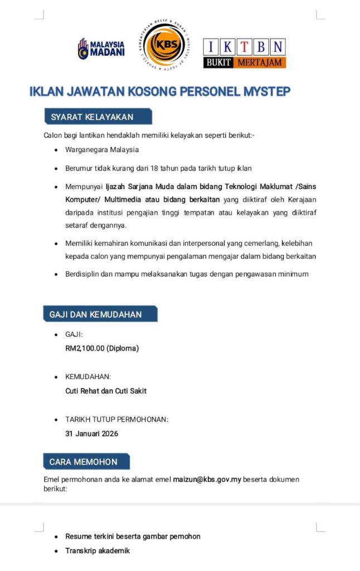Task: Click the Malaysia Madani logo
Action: pyautogui.click(x=101, y=49)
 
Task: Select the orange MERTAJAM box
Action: pyautogui.click(x=260, y=62)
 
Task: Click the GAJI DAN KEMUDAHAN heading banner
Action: pyautogui.click(x=100, y=314)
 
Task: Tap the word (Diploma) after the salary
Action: pyautogui.click(x=123, y=349)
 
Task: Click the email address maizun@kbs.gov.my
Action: pyautogui.click(x=207, y=479)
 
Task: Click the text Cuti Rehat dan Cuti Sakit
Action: pyautogui.click(x=106, y=391)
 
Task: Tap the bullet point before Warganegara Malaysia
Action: pyautogui.click(x=56, y=150)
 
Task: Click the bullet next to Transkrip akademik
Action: pyautogui.click(x=56, y=551)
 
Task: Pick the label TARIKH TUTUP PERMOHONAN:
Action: pyautogui.click(x=116, y=419)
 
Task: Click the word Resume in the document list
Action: pyautogui.click(x=78, y=536)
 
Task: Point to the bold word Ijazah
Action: pyautogui.click(x=117, y=186)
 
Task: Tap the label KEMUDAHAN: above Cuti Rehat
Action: pyautogui.click(x=88, y=377)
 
